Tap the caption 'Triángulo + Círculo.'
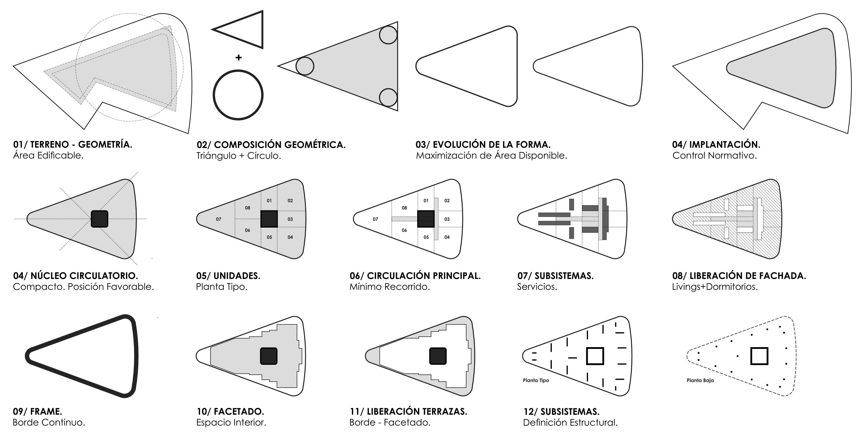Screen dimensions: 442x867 pos(239,156)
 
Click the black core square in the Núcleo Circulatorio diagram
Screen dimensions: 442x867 pos(100,219)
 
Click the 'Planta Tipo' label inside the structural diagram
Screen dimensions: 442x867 pos(536,380)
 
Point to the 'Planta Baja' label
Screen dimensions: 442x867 pos(700,380)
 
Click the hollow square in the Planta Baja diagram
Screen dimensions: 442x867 pos(759,356)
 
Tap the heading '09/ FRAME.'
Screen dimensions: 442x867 pos(37,411)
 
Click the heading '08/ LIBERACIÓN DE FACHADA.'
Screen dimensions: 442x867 pos(739,276)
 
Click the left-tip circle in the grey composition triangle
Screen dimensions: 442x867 pos(305,66)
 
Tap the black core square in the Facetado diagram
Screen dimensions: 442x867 pos(269,356)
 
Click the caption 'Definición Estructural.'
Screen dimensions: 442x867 pos(570,422)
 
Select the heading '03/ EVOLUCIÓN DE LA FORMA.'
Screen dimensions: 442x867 pos(483,145)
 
